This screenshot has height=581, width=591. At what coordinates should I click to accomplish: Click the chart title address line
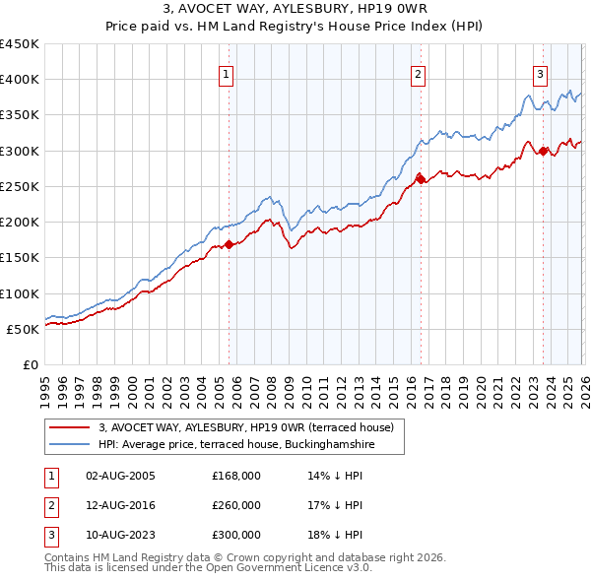click(295, 9)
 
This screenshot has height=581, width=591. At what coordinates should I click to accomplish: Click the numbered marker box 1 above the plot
click(228, 74)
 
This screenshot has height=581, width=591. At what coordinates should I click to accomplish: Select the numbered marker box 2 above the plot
click(419, 74)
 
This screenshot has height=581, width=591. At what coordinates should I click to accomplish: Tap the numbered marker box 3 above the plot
click(541, 74)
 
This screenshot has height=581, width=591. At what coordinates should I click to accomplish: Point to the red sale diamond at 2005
click(230, 244)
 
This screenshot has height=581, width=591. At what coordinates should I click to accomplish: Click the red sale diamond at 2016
click(421, 178)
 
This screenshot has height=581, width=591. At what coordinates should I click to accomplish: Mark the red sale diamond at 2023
click(543, 151)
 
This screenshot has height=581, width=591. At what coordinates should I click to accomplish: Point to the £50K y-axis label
click(24, 329)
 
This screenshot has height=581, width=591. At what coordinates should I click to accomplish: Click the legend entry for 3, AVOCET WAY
click(246, 427)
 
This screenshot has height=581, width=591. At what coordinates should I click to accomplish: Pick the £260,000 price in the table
click(236, 505)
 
